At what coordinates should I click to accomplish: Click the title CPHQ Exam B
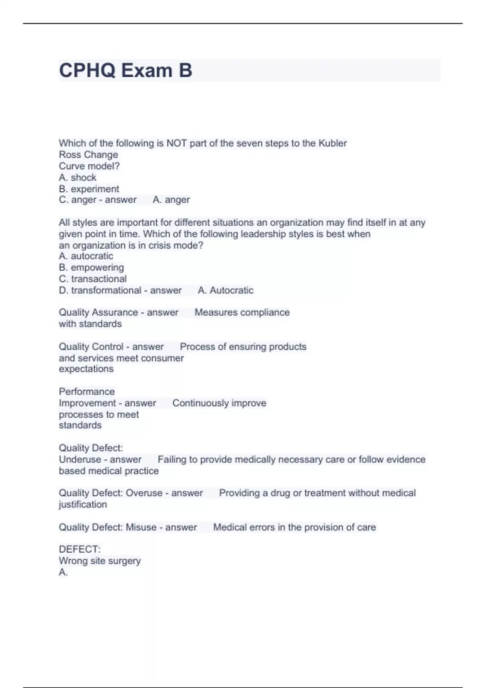126,70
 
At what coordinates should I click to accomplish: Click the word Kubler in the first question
333,143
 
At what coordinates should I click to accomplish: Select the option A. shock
77,178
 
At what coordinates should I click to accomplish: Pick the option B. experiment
89,189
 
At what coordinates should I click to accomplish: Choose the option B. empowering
91,268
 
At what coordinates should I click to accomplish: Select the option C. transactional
93,279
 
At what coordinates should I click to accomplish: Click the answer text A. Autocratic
226,290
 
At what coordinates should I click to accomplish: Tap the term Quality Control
91,347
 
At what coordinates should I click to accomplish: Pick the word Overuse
144,493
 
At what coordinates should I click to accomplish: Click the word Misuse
141,527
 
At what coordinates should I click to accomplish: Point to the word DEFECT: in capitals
80,549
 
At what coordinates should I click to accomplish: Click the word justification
83,504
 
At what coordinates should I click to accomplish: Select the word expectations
86,369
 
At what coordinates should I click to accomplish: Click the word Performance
87,392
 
